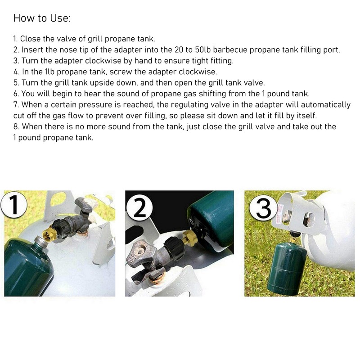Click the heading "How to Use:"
click(42, 18)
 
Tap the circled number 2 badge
click(139, 208)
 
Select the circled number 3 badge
click(263, 208)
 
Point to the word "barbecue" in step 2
click(230, 49)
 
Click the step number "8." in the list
click(17, 126)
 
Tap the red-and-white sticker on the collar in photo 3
click(279, 213)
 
